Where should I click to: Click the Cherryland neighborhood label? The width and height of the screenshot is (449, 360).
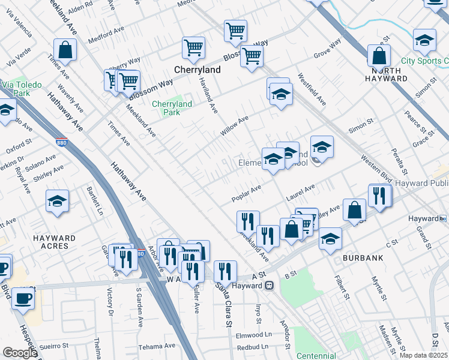(197, 70)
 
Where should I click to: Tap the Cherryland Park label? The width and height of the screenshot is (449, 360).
(172, 108)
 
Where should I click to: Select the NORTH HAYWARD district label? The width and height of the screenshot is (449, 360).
(386, 74)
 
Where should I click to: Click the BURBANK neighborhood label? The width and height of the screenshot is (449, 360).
(363, 257)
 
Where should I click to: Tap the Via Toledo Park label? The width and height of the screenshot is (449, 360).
(22, 89)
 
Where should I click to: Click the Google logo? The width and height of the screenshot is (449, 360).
(19, 353)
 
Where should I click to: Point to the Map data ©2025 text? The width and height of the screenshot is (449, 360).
(424, 355)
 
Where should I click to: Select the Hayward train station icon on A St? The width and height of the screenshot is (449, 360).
(270, 286)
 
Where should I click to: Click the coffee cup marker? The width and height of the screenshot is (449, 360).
(23, 298)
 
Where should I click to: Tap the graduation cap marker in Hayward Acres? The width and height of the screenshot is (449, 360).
(58, 201)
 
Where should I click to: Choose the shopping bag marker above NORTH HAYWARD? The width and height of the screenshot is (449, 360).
(379, 56)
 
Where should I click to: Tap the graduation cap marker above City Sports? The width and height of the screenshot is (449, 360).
(424, 40)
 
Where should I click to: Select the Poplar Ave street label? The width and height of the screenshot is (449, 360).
(247, 193)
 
